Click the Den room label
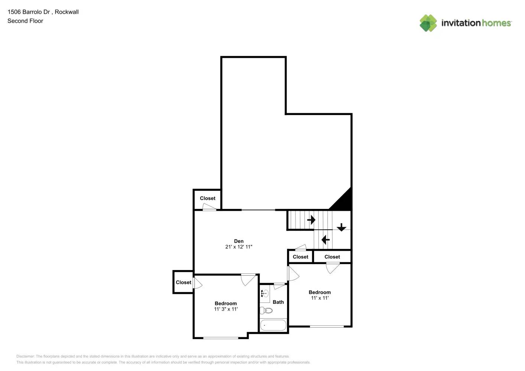coord(238,241)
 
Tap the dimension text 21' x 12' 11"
coord(238,247)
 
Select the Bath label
coord(278,302)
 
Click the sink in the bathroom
coord(264,293)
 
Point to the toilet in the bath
coord(266,310)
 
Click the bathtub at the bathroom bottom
coord(273,325)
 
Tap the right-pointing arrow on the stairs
coord(311,220)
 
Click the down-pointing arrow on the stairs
coord(341,227)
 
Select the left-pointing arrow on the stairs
coord(326,240)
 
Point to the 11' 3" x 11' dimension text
coord(226,309)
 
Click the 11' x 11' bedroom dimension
coord(319,298)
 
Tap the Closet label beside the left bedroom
coord(183,282)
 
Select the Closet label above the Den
coord(208,198)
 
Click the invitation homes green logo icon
coord(428,23)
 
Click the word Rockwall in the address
coord(66,12)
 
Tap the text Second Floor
coord(25,21)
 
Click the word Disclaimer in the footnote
coord(25,356)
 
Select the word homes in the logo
coord(496,23)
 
